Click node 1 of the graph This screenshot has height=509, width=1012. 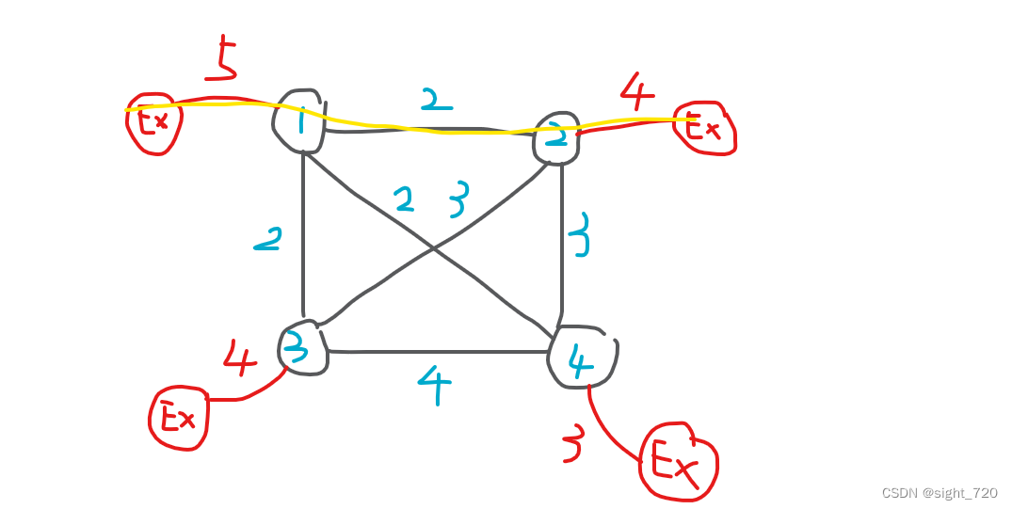pos(299,120)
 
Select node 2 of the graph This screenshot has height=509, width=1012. pos(557,138)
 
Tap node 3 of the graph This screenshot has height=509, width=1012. pos(301,350)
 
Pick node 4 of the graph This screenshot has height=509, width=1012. pos(582,358)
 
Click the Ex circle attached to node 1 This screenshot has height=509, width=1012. pos(154,122)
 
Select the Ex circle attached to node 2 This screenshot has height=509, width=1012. pos(704,127)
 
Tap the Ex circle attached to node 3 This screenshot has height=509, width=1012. pos(178,417)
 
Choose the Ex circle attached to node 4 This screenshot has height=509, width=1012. pos(678,462)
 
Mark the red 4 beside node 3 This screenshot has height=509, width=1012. pos(239,357)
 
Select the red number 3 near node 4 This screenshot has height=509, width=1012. pos(571,446)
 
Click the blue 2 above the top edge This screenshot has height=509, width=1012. pos(436,100)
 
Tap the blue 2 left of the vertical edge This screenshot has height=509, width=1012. pos(267,242)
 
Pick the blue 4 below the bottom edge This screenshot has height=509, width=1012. pos(434,385)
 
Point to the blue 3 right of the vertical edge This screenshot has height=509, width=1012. pos(580,235)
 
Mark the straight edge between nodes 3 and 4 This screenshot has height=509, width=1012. pos(438,352)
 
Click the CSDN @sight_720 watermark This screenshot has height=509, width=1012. pos(939,493)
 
